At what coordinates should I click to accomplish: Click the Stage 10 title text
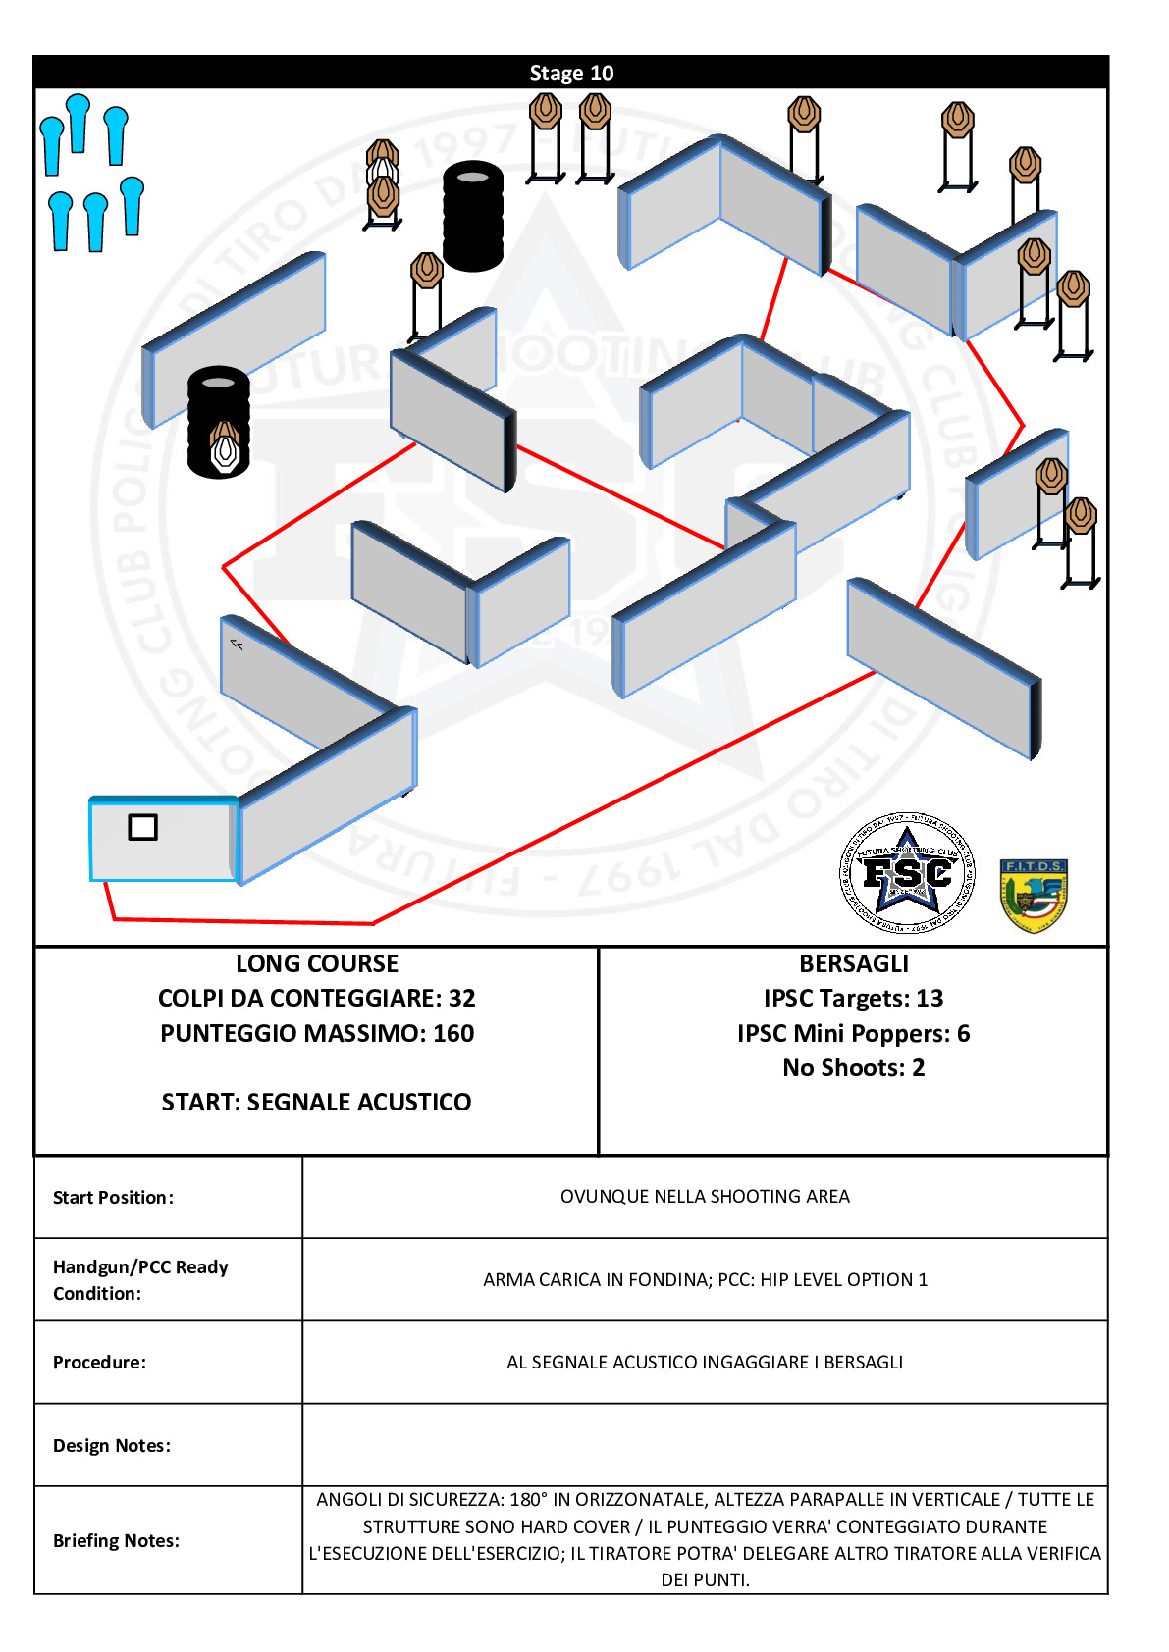(x=571, y=73)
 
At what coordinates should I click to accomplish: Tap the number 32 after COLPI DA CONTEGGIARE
(x=462, y=998)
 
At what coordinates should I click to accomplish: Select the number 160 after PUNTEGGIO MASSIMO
(x=453, y=1033)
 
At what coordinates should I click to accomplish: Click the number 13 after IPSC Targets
(x=930, y=998)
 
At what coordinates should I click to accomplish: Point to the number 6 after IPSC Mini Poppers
(x=963, y=1033)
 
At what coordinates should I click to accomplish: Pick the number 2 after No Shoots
(x=918, y=1068)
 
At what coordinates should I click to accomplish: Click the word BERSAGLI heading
(x=854, y=964)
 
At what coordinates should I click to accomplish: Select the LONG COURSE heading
(x=317, y=964)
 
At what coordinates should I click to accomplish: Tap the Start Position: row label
(x=113, y=1197)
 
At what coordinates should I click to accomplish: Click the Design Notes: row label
(x=112, y=1446)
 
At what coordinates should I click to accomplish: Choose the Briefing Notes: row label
(x=116, y=1540)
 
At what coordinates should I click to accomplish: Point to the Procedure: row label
(x=99, y=1363)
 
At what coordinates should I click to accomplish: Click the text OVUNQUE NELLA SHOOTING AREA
(x=705, y=1196)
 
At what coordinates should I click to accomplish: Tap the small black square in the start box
(x=142, y=828)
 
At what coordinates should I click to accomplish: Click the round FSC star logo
(x=907, y=873)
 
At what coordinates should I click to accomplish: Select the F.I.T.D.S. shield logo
(x=1034, y=896)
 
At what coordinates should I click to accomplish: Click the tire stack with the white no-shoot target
(x=219, y=423)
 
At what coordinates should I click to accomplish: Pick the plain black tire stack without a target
(x=473, y=216)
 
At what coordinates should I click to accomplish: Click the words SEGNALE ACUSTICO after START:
(x=358, y=1102)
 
